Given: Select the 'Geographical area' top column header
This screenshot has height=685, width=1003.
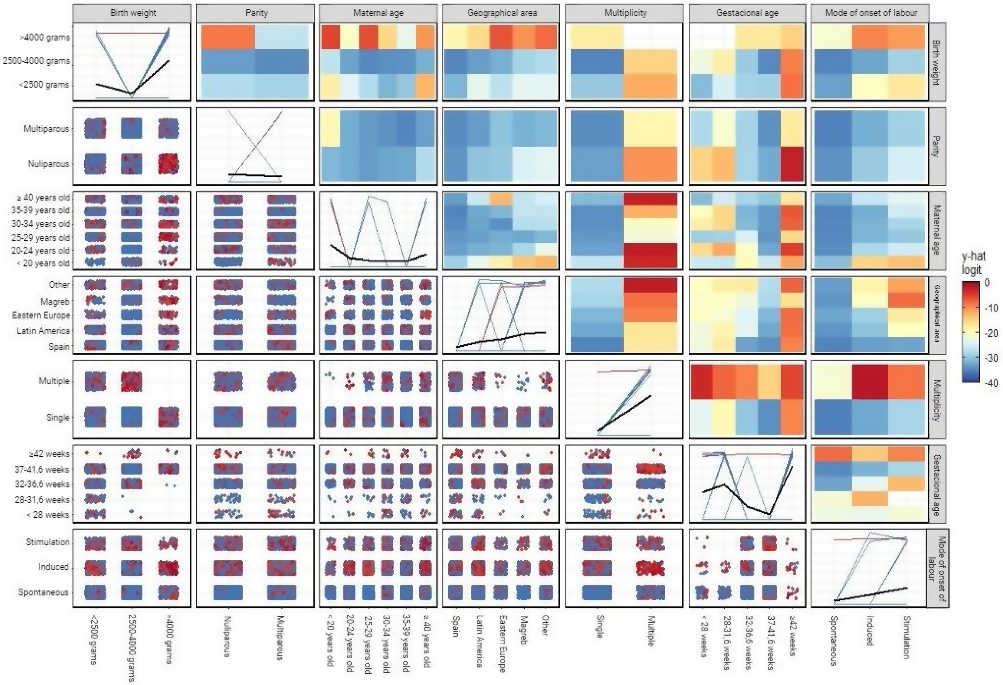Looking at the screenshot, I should [x=501, y=13].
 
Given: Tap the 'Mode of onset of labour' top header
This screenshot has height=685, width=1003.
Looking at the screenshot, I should [x=871, y=13].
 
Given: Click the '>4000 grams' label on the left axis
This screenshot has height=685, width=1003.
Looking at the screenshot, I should [x=45, y=38].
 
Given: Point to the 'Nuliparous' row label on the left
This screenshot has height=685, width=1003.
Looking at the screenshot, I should [x=48, y=164].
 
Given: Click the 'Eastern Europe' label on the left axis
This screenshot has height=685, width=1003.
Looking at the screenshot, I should [x=41, y=315].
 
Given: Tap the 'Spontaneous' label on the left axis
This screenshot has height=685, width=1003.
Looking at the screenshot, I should [x=43, y=592].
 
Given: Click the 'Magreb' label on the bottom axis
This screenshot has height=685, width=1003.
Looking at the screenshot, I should [x=523, y=631].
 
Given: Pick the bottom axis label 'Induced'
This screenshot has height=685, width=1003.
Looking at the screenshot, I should [x=870, y=631].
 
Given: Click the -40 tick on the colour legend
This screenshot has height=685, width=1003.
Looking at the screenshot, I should [x=992, y=383].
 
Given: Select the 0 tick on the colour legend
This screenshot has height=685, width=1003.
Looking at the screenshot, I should [x=987, y=283].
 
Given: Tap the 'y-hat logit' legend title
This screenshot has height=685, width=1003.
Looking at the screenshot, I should [x=974, y=263].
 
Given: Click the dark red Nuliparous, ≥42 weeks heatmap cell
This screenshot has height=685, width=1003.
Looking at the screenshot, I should [x=792, y=164].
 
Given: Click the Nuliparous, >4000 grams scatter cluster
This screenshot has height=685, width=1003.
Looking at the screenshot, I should [x=168, y=164].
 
